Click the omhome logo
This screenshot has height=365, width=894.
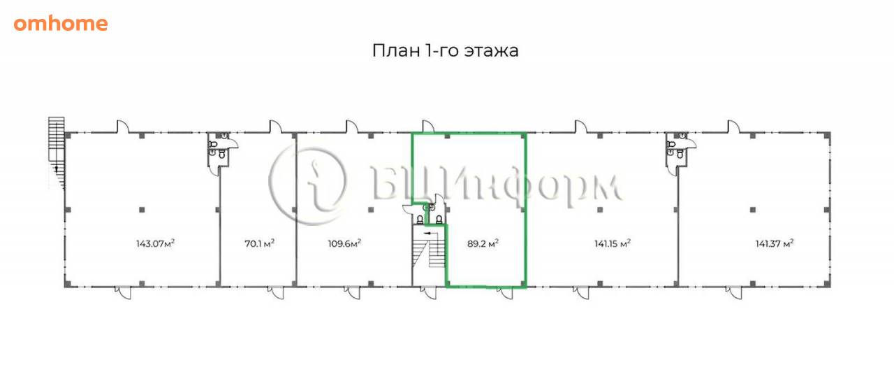coord(61,24)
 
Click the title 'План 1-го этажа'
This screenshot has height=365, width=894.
coord(445,51)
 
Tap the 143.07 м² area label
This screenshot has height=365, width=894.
coord(156,243)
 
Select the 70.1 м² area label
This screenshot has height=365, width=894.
coord(259,243)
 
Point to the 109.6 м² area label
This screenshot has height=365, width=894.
coord(344,243)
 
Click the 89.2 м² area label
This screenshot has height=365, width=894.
coord(483,243)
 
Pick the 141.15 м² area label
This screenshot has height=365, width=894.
coord(613,243)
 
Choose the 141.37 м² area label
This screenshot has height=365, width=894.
coord(775,243)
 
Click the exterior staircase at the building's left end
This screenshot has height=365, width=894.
coord(57,152)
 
